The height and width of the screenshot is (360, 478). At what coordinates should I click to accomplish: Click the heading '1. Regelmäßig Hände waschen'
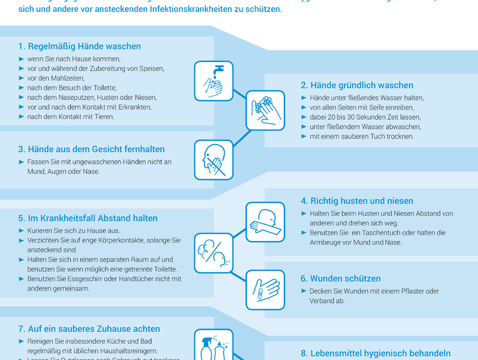point(80,46)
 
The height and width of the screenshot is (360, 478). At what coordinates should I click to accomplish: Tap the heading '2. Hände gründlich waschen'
point(357,85)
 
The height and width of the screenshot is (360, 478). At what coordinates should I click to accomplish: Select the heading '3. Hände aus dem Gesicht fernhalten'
point(91,149)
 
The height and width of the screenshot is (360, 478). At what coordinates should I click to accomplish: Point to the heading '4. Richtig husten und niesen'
point(357,201)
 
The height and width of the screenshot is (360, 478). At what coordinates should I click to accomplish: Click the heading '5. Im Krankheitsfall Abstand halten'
point(88,218)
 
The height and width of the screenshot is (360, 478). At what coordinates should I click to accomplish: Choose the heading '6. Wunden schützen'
point(341,279)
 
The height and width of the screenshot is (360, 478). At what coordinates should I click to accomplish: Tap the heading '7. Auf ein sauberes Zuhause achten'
point(89,329)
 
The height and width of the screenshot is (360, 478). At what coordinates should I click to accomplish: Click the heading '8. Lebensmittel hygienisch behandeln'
point(376,353)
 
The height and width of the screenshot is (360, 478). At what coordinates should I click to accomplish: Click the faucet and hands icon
point(214,81)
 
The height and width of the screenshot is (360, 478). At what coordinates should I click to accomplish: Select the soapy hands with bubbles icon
point(265,110)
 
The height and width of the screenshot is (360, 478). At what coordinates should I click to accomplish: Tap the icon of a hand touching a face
point(214,159)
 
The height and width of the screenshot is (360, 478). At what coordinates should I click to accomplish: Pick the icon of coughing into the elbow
point(265,222)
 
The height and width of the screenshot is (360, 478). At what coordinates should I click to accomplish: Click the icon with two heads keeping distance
point(214,252)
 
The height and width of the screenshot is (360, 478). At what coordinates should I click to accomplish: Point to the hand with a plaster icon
point(265,290)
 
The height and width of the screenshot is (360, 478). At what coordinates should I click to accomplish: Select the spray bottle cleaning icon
point(214,346)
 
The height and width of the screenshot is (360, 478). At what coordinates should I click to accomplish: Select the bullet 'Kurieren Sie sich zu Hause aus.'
point(73,230)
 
